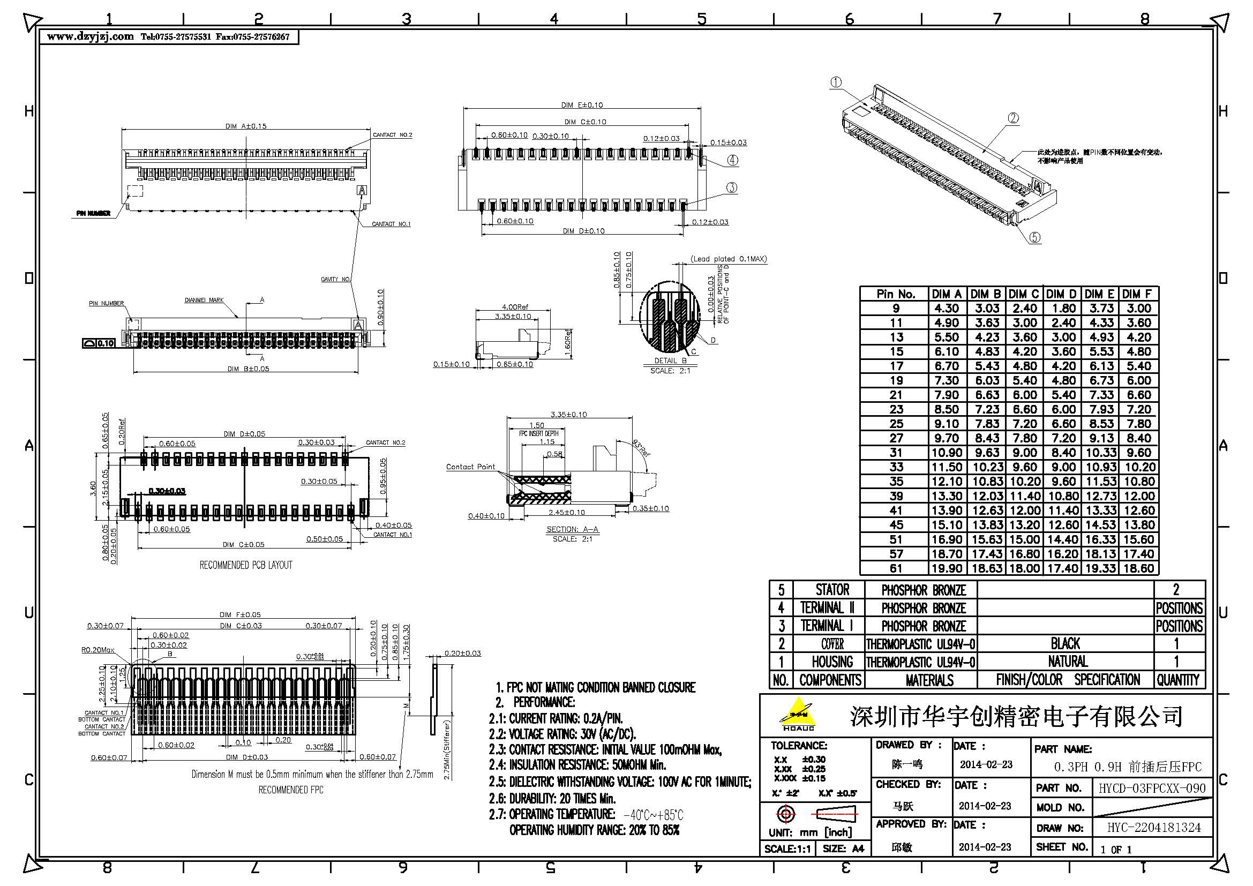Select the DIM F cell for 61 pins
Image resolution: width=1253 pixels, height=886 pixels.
[1139, 568]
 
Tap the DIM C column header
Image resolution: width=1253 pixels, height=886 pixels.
[1024, 294]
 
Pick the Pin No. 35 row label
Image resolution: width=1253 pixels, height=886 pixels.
[896, 482]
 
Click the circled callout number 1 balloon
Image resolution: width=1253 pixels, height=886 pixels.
[836, 82]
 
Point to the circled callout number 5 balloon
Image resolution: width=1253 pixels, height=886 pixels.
[1035, 237]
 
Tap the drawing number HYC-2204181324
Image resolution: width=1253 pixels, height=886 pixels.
[1154, 828]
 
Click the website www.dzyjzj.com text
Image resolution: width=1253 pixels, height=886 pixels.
[91, 36]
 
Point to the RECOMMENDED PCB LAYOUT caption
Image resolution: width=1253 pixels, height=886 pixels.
[245, 565]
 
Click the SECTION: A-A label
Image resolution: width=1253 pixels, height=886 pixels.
[572, 529]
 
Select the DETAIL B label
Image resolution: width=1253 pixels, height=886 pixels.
[670, 361]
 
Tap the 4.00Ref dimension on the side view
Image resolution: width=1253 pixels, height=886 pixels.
[515, 307]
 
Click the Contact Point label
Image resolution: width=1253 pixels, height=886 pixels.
[470, 467]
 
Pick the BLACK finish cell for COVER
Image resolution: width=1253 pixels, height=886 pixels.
[1066, 644]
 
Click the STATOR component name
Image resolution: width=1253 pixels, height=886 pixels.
[832, 590]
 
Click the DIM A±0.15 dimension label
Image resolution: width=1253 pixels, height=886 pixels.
[245, 126]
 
